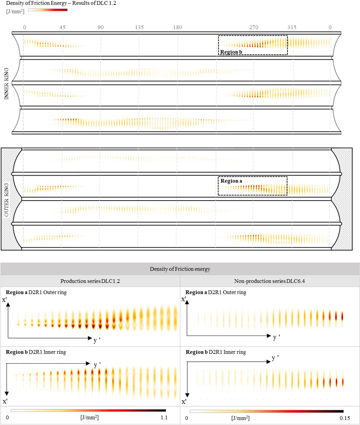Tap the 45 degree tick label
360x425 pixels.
click(x=62, y=27)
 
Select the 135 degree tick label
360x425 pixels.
click(x=139, y=27)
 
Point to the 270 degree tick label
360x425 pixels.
click(x=254, y=27)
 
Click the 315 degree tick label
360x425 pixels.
click(x=292, y=27)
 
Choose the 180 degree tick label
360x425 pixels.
click(x=177, y=27)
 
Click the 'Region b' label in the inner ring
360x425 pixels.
click(x=231, y=52)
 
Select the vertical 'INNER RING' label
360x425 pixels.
click(x=6, y=83)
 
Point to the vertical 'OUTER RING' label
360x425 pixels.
click(x=6, y=199)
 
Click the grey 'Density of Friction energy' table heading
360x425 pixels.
click(x=180, y=269)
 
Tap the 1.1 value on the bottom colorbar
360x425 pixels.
click(x=165, y=418)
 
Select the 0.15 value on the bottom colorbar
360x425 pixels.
click(x=343, y=418)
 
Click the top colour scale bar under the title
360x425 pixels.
click(x=48, y=10)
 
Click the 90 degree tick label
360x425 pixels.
click(x=100, y=27)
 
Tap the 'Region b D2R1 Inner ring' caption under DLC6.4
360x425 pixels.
click(x=215, y=352)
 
